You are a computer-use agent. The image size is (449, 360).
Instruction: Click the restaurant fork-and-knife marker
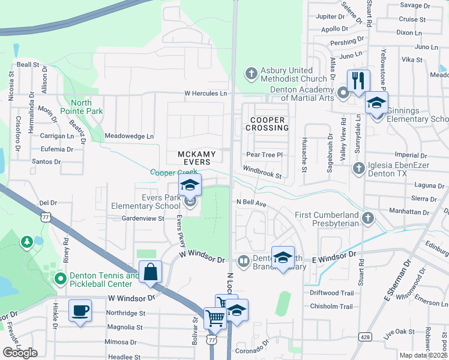(358, 80)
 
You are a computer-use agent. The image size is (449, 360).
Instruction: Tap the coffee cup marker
(79, 311)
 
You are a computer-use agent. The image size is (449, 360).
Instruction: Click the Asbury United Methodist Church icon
(251, 74)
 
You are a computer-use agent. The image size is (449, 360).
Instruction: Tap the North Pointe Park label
(86, 107)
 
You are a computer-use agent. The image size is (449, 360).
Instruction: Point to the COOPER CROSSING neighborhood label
(266, 124)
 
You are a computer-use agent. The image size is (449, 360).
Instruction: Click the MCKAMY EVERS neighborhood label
(194, 158)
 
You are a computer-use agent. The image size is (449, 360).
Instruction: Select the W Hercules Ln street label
(206, 94)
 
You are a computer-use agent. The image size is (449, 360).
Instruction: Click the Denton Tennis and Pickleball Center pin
(60, 279)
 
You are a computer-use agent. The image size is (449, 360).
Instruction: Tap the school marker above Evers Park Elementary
(190, 185)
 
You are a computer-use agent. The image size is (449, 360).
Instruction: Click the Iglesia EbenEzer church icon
(359, 167)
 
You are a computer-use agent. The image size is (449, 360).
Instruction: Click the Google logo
(20, 353)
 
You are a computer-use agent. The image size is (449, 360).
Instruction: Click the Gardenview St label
(143, 218)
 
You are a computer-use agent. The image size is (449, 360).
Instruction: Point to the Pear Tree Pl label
(264, 155)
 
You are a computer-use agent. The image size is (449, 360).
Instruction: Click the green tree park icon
(26, 242)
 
